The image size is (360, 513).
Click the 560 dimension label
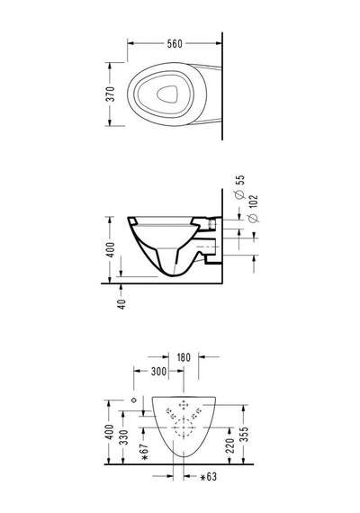pyautogui.click(x=175, y=43)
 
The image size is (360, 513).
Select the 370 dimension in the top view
pyautogui.click(x=112, y=94)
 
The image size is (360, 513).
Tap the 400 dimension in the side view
pyautogui.click(x=112, y=249)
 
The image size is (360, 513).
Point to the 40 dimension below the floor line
pyautogui.click(x=121, y=304)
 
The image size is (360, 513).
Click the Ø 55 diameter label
pyautogui.click(x=240, y=187)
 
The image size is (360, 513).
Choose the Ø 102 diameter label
pyautogui.click(x=253, y=209)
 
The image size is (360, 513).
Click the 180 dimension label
pyautogui.click(x=184, y=357)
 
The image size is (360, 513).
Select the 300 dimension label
pyautogui.click(x=158, y=372)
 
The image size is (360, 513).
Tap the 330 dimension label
pyautogui.click(x=123, y=437)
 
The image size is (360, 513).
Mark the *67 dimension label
pyautogui.click(x=145, y=452)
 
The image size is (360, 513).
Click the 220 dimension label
pyautogui.click(x=230, y=445)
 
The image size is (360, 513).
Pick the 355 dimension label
pyautogui.click(x=245, y=434)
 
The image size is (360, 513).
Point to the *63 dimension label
pyautogui.click(x=209, y=477)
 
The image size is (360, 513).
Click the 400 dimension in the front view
pyautogui.click(x=110, y=432)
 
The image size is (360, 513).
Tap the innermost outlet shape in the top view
pyautogui.click(x=167, y=94)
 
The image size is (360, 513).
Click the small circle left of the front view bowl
pyautogui.click(x=133, y=400)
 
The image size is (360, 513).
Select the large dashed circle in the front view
pyautogui.click(x=184, y=427)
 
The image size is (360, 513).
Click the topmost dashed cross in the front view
pyautogui.click(x=184, y=405)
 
